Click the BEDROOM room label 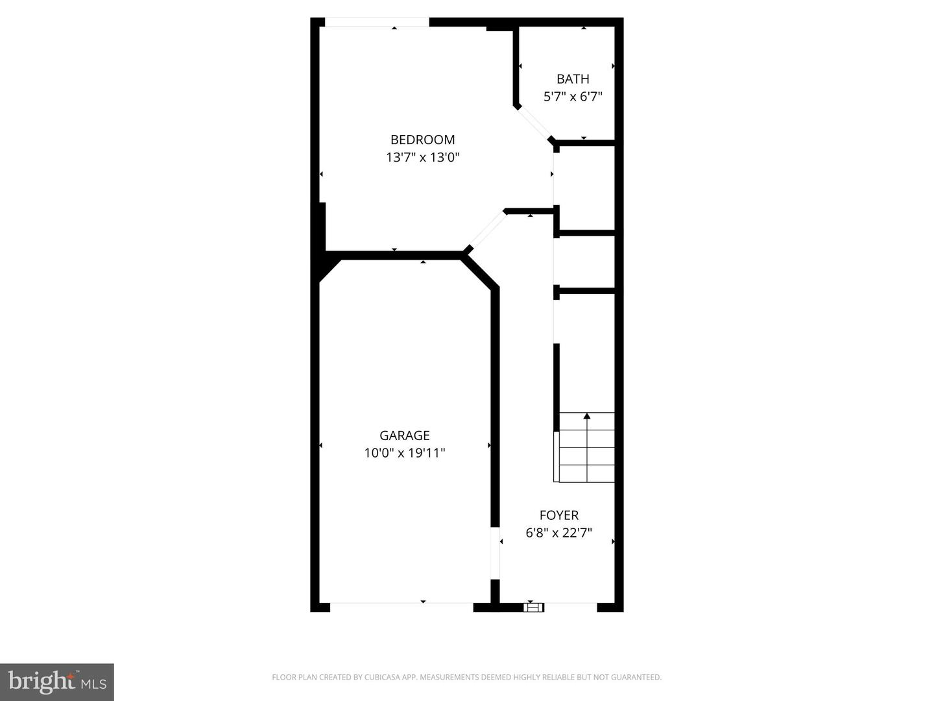coord(422,140)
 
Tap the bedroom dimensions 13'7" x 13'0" coord(422,157)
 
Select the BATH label coord(573,79)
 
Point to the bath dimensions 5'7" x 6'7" coord(573,97)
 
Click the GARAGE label coord(404,436)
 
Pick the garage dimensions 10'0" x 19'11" coord(404,453)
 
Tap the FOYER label coord(558,515)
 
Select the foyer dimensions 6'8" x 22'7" coord(558,533)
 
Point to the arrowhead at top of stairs coord(587,415)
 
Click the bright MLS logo coord(57,682)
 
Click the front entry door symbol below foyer coord(533,607)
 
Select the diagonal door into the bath coord(534,123)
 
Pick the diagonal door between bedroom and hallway coord(485,230)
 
